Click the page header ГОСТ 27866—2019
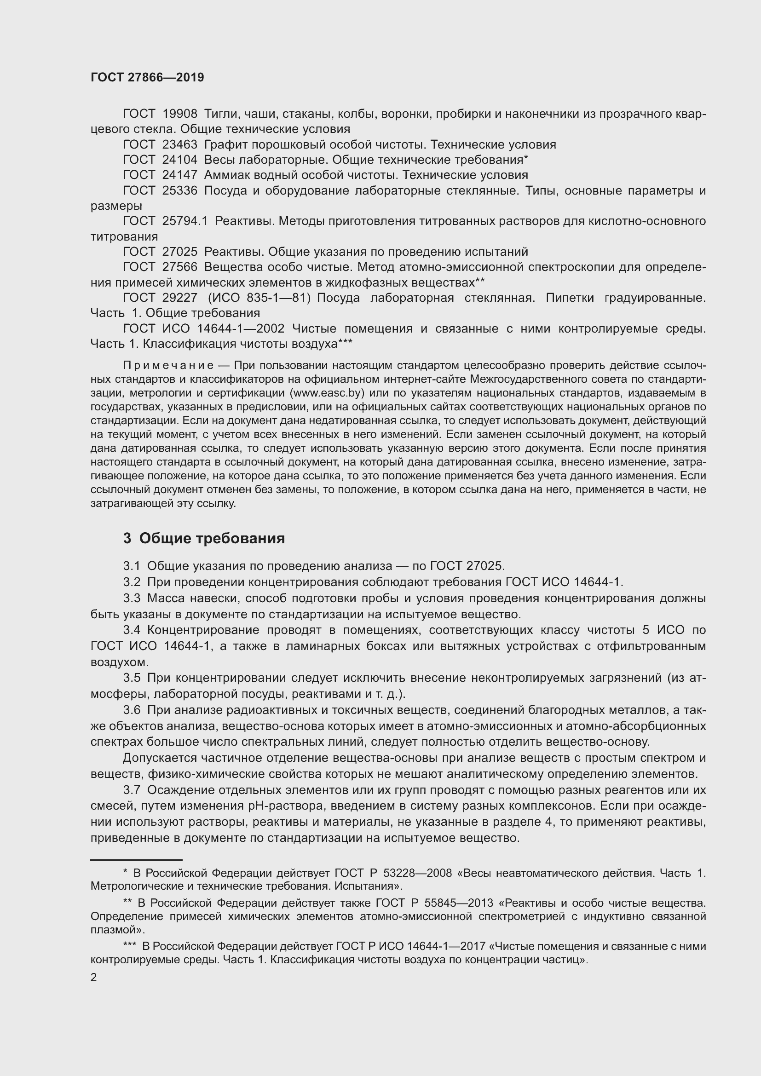147,77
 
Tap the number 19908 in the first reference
180,114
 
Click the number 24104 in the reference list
180,160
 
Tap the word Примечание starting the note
169,365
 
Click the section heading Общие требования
212,538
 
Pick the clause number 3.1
132,566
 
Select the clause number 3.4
132,630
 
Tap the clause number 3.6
132,710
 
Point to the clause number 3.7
132,790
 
